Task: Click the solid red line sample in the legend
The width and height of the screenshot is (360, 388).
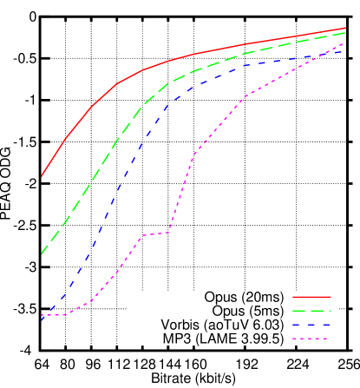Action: [311, 297]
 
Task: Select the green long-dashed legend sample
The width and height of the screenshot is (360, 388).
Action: [311, 311]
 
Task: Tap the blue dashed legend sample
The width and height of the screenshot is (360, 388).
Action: [311, 325]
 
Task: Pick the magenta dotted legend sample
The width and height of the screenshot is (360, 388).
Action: [311, 339]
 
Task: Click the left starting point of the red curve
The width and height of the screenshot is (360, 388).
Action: [42, 176]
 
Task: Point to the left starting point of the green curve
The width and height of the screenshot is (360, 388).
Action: [42, 253]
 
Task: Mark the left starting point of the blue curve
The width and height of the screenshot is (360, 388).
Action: [42, 319]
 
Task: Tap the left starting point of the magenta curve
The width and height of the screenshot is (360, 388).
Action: [42, 315]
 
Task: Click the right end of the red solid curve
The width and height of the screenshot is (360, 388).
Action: [345, 28]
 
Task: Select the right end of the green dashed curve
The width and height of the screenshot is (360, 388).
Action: [345, 32]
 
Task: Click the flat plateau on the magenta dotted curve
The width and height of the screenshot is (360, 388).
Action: [154, 233]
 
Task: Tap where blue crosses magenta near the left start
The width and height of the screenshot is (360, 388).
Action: [46, 314]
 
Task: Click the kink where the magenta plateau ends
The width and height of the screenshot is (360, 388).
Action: [168, 232]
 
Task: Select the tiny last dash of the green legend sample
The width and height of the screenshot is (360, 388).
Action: [330, 311]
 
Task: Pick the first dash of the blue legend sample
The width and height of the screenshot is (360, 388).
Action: [297, 325]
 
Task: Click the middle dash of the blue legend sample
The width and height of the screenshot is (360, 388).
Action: [311, 325]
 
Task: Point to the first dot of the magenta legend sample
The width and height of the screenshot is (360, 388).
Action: [294, 339]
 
